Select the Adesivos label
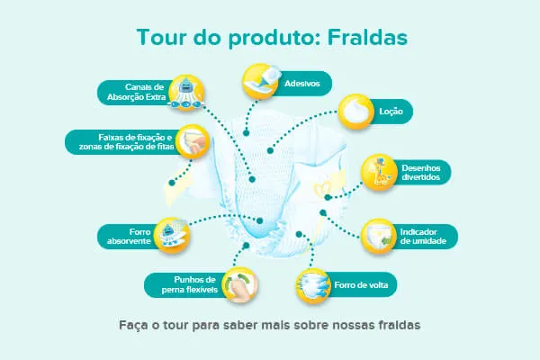point(302,83)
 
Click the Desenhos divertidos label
point(421,172)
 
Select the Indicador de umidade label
point(423,236)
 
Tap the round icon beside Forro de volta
point(314,286)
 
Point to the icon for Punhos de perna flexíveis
point(238,285)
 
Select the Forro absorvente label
point(127,236)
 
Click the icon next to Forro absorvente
point(172,235)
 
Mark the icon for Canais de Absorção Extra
point(186,91)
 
